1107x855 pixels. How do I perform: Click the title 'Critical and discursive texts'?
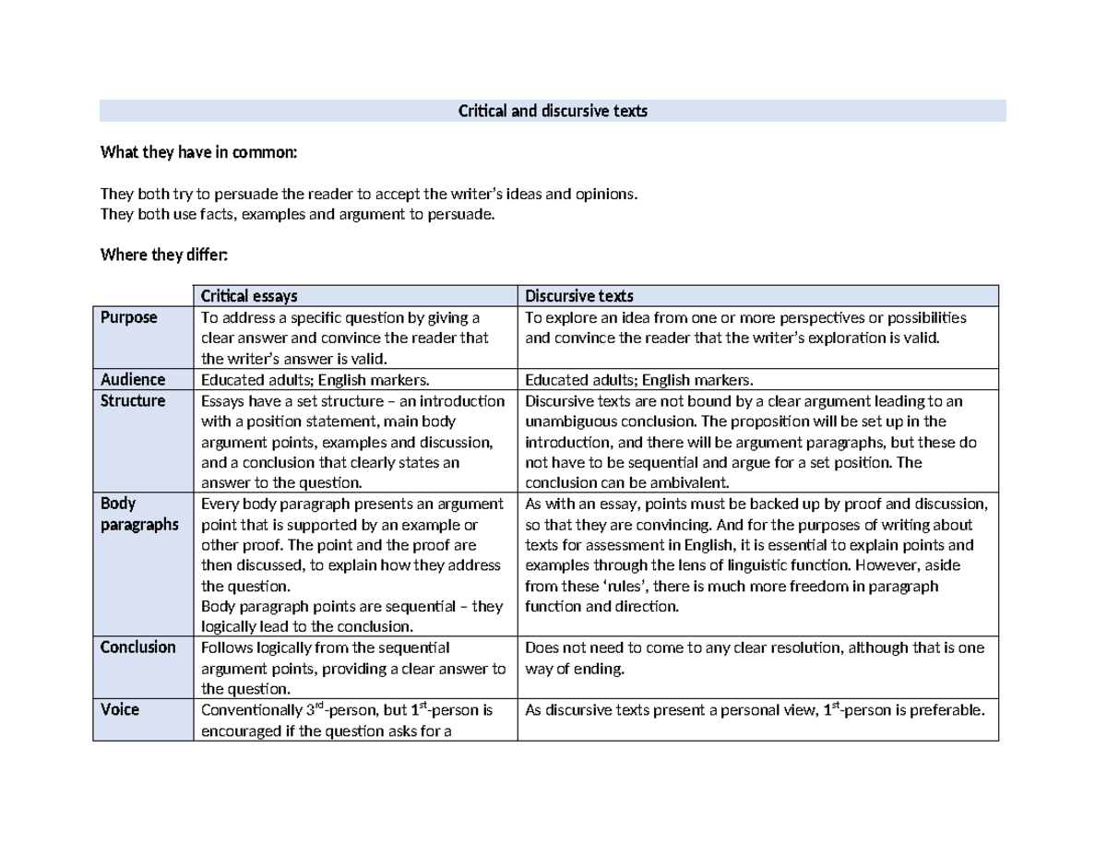[553, 112]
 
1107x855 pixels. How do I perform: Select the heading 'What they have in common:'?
[198, 152]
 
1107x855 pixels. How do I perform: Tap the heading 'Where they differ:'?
[169, 255]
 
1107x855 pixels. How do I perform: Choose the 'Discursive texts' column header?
[579, 296]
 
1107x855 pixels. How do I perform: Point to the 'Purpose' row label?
[128, 317]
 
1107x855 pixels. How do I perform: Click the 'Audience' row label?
[133, 379]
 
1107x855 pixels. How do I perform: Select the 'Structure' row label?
[133, 400]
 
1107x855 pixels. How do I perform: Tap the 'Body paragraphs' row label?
[138, 514]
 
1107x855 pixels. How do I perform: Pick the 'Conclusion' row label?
[137, 647]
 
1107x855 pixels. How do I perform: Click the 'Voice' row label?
[120, 709]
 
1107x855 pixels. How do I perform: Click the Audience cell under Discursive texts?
[638, 379]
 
